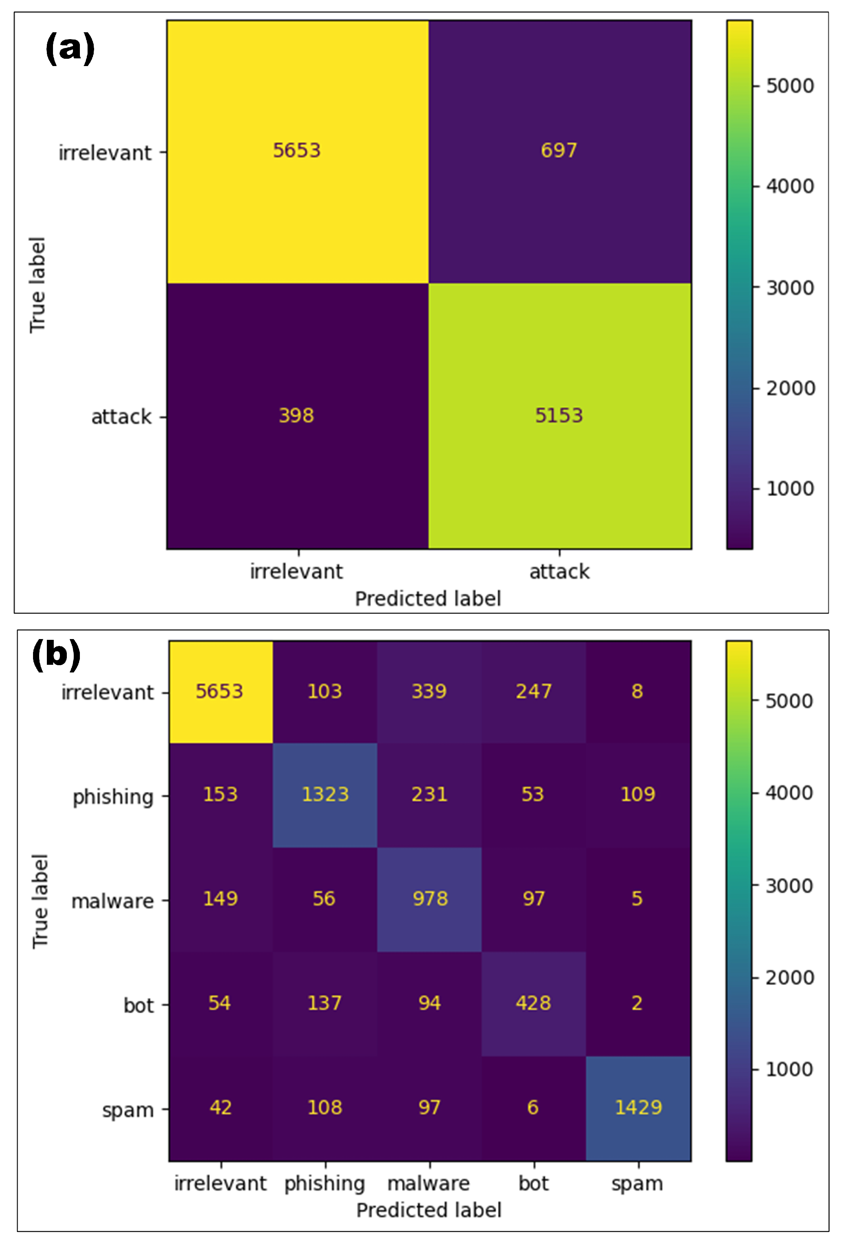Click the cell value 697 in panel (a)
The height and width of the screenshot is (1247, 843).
[x=558, y=150]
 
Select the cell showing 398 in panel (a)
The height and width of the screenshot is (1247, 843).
[x=296, y=415]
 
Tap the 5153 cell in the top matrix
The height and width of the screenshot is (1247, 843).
[x=558, y=415]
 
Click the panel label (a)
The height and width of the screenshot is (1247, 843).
[x=70, y=48]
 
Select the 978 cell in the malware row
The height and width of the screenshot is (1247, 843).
[x=430, y=899]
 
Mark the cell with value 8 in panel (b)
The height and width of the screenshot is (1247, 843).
[x=637, y=691]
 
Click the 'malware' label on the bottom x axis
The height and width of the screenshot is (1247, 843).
[x=429, y=1183]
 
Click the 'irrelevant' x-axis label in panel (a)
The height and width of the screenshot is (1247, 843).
[x=296, y=571]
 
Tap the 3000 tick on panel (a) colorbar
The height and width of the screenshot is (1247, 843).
[x=789, y=288]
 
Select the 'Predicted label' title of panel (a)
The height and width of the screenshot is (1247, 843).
[x=428, y=599]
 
